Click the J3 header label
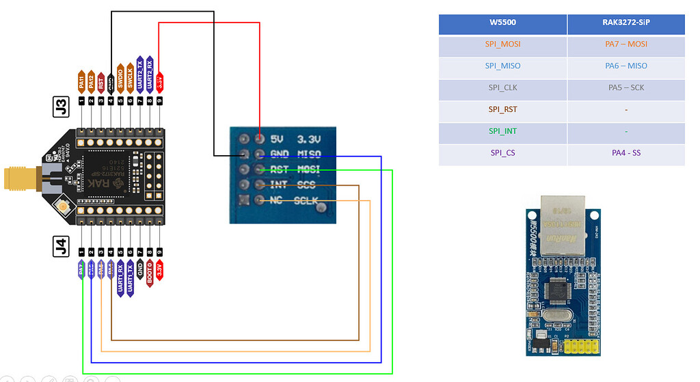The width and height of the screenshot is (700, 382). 61,107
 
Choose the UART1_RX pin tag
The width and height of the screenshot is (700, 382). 120,277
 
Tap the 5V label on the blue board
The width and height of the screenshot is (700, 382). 277,139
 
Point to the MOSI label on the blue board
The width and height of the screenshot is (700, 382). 309,169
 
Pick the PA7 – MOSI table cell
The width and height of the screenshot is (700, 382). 625,44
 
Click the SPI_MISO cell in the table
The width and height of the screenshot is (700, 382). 502,66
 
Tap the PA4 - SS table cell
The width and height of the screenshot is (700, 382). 625,153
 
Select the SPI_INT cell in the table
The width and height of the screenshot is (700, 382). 502,131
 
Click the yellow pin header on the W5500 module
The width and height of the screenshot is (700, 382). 581,347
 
